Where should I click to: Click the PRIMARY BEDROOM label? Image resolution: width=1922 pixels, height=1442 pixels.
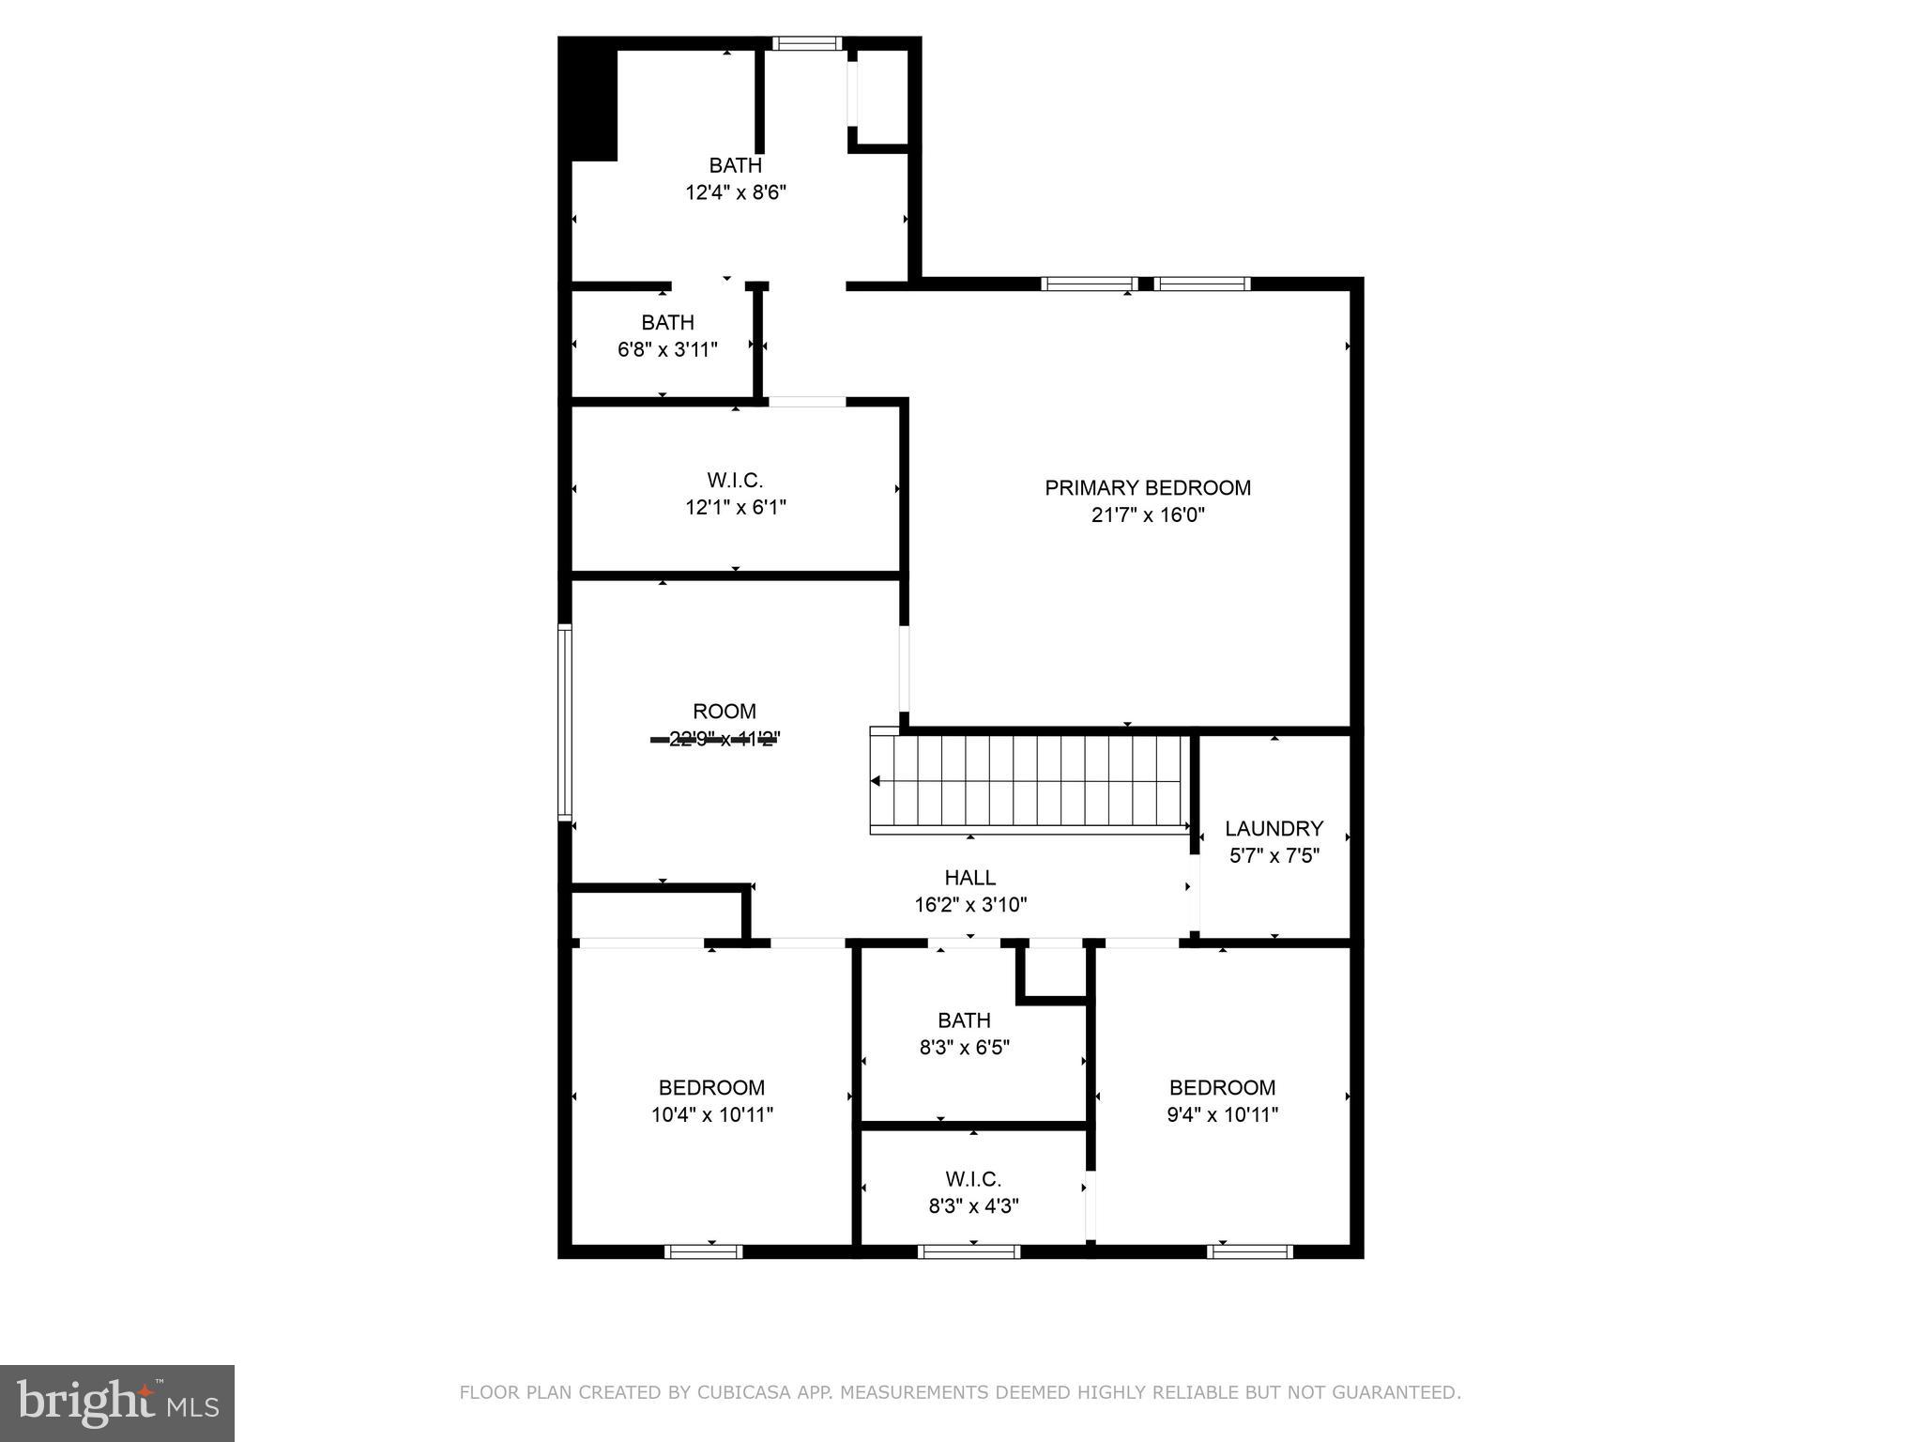click(1147, 488)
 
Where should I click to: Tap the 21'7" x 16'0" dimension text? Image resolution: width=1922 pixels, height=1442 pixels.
click(1147, 515)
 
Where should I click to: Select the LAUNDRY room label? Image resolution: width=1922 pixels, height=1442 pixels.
click(1274, 829)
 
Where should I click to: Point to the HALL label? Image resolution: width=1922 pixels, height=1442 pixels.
click(969, 878)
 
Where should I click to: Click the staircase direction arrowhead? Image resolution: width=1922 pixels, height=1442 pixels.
click(876, 781)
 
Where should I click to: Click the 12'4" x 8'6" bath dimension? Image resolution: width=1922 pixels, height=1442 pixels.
click(735, 193)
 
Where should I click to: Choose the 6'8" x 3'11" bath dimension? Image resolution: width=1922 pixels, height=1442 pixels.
click(667, 350)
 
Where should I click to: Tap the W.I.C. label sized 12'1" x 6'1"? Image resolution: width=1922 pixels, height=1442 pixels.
click(735, 481)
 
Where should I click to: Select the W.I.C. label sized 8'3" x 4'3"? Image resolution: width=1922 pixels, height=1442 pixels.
click(973, 1179)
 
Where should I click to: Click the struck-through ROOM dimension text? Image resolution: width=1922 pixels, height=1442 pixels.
click(724, 739)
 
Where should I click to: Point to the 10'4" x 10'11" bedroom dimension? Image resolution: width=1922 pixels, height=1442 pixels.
click(711, 1115)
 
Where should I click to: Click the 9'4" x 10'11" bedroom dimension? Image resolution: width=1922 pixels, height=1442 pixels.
click(1222, 1115)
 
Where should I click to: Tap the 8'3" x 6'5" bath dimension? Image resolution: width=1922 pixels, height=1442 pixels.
click(964, 1048)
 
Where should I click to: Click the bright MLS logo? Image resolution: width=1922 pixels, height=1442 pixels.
click(116, 1403)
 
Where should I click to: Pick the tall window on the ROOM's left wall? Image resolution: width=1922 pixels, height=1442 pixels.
click(564, 723)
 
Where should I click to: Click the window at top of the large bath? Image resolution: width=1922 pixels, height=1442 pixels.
click(807, 43)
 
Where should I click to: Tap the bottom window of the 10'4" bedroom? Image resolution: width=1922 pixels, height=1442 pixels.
click(703, 1251)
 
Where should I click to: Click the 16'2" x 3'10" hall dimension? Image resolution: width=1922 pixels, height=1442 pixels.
click(970, 905)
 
